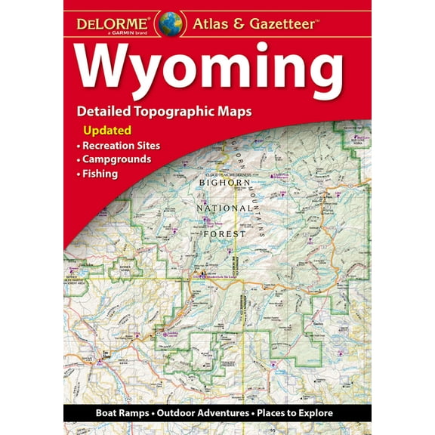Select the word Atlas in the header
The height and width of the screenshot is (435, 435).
point(207,23)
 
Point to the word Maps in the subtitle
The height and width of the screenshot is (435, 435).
point(233,112)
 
